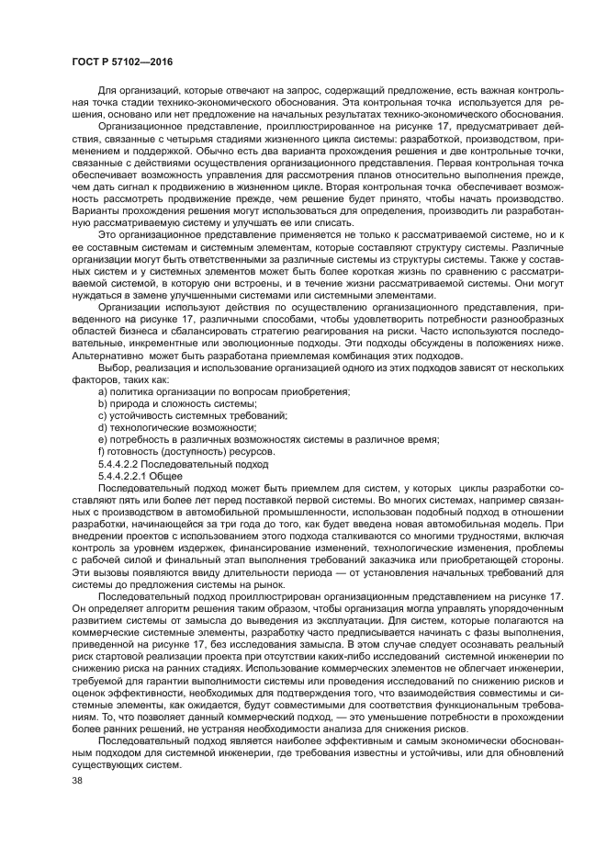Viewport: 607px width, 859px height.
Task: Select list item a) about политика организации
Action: click(223, 392)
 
